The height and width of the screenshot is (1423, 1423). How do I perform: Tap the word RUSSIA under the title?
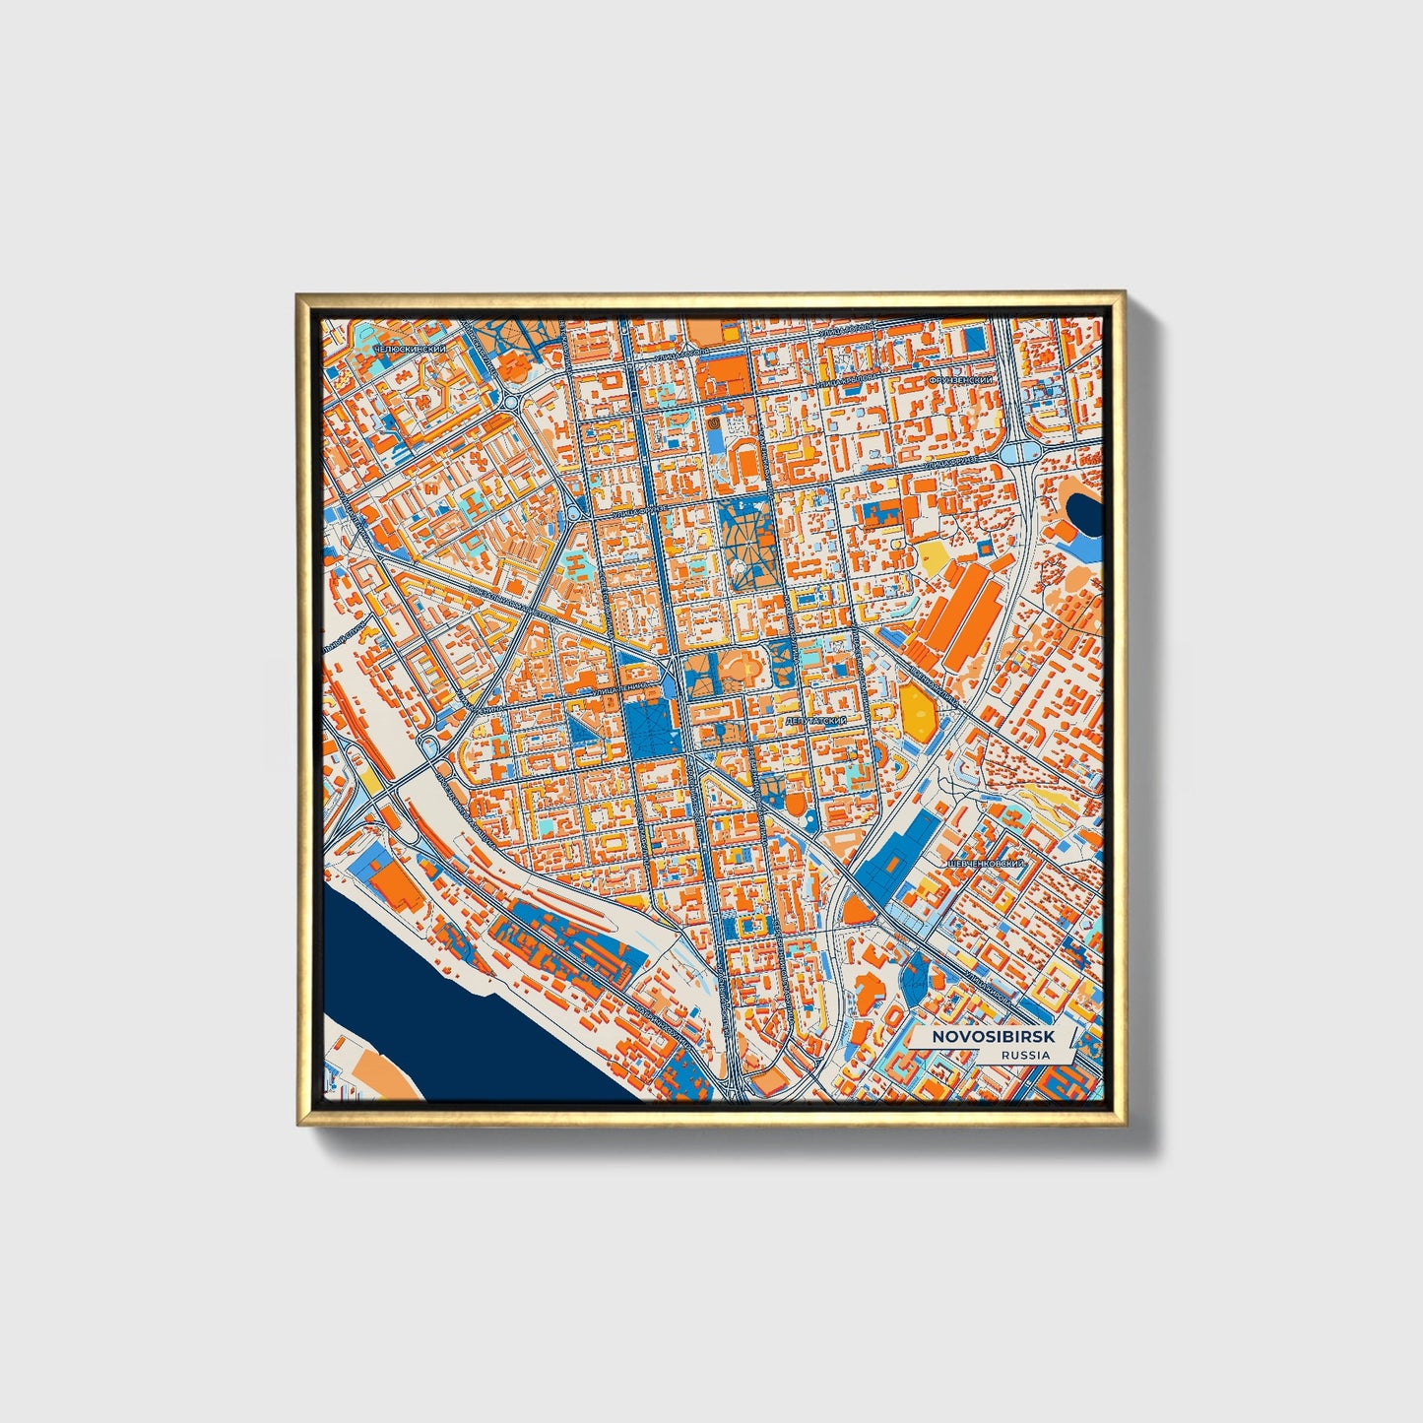1024,1055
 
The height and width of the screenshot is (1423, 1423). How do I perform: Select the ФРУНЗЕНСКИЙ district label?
962,378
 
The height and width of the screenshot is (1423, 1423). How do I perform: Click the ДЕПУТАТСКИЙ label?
816,722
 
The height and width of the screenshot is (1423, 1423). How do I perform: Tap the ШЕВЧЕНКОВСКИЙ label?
986,863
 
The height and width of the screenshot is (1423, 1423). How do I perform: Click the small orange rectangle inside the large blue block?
893,863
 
